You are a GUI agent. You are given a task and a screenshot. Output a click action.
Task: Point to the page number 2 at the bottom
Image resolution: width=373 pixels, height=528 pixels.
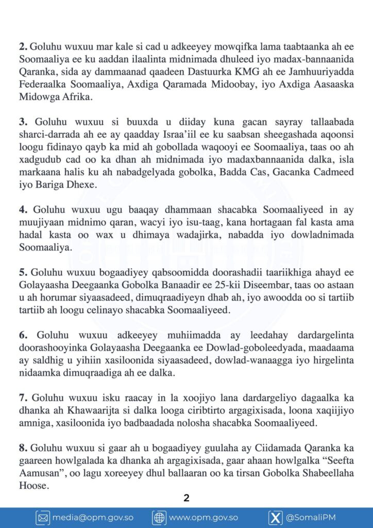coord(186,498)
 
